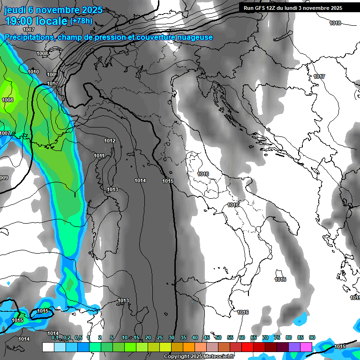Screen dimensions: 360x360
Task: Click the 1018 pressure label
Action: pos(335,23)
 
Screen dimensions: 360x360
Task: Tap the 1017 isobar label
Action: pos(320,76)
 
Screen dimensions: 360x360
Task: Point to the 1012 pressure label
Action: pos(110,141)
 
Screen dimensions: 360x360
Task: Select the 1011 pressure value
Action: pos(99,156)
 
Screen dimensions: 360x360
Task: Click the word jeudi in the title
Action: pos(16,10)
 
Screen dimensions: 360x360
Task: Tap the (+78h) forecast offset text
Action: pos(81,21)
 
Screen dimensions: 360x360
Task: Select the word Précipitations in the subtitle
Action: pos(28,37)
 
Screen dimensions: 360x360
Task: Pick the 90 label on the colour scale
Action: pos(312,337)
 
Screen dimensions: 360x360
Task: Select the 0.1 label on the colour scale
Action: pos(54,337)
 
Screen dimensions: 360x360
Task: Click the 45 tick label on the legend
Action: pos(207,337)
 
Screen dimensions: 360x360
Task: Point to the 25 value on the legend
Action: pos(160,337)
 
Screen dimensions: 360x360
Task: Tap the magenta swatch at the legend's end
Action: pos(306,347)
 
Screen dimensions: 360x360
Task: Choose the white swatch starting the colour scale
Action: pos(48,347)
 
